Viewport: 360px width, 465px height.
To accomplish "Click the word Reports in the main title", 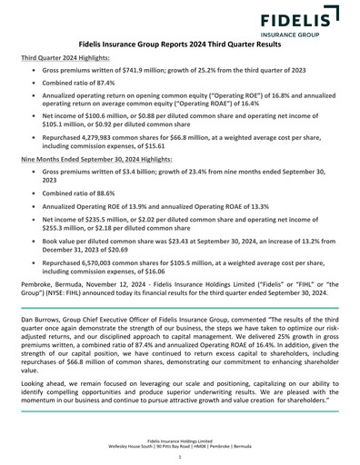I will coord(189,43).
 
